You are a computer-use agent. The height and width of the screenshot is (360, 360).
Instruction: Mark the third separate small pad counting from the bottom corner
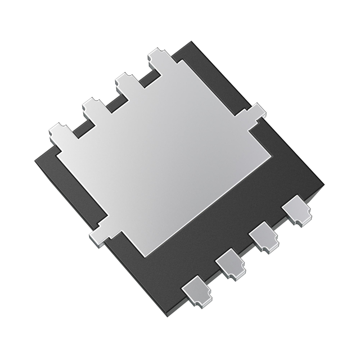click(x=264, y=238)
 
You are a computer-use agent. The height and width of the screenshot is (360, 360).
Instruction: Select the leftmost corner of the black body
click(x=35, y=163)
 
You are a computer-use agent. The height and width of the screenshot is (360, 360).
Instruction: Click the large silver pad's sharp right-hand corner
click(x=271, y=153)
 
